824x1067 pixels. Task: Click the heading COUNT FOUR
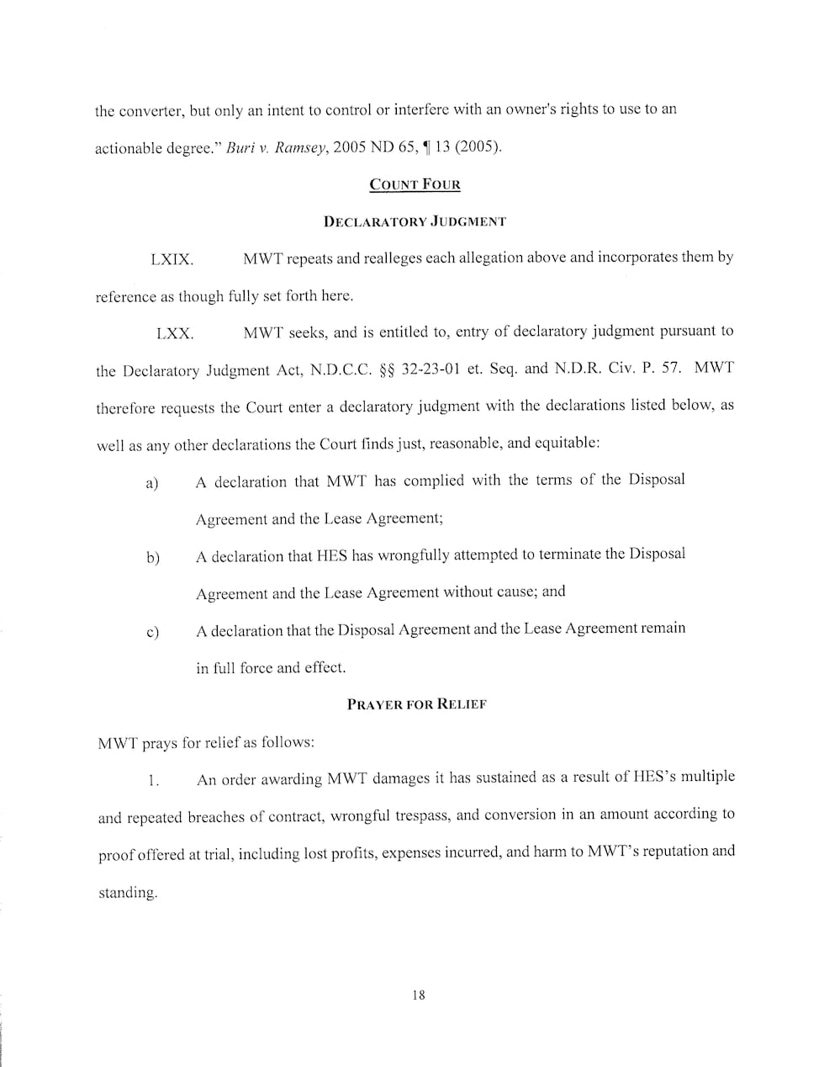[415, 185]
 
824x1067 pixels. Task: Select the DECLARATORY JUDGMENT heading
[415, 222]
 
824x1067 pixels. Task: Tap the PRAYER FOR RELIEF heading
[416, 704]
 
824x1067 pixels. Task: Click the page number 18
[419, 995]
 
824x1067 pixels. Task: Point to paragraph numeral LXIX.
[172, 260]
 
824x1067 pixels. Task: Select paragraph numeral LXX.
[175, 334]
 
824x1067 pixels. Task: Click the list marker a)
[152, 484]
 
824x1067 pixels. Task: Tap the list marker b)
[152, 558]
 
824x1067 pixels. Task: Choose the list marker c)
[152, 632]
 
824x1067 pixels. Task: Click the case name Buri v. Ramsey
[276, 148]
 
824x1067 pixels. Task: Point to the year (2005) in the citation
[478, 147]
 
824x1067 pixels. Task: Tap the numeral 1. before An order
[153, 781]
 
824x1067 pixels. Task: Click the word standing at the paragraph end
[128, 893]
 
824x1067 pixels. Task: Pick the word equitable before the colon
[566, 443]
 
